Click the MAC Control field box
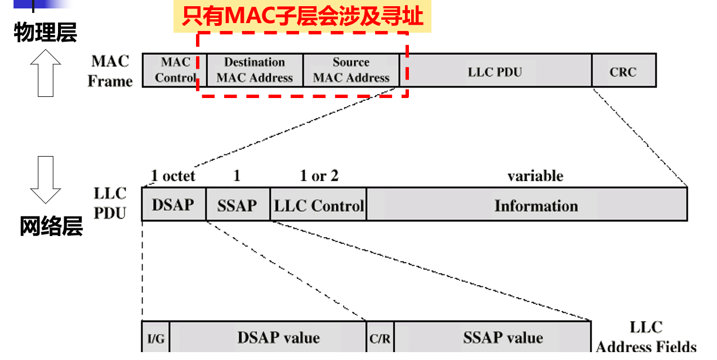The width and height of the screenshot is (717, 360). coord(174,70)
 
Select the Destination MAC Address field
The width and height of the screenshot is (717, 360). coord(255,70)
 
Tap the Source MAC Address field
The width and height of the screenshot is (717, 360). coord(351,70)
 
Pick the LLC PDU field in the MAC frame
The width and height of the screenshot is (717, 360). coord(495,72)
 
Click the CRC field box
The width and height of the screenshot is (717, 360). coord(624,72)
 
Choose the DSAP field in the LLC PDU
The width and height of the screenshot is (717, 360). coord(173,205)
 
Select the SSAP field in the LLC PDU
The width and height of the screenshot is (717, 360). coord(237,205)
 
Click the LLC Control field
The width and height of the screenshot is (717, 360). coord(318,205)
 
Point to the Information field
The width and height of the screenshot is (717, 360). coord(536,205)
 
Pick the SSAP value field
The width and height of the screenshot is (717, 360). coord(503,337)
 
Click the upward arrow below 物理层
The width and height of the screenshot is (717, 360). coord(45,73)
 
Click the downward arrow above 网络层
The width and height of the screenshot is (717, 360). coord(45,180)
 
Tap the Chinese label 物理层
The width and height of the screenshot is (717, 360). coord(45,33)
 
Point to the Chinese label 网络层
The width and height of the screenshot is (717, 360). coord(51,227)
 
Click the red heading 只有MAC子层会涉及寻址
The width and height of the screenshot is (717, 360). coord(302,16)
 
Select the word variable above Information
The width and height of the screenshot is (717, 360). coord(535,176)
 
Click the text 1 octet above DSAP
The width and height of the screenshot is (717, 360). coord(173,176)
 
